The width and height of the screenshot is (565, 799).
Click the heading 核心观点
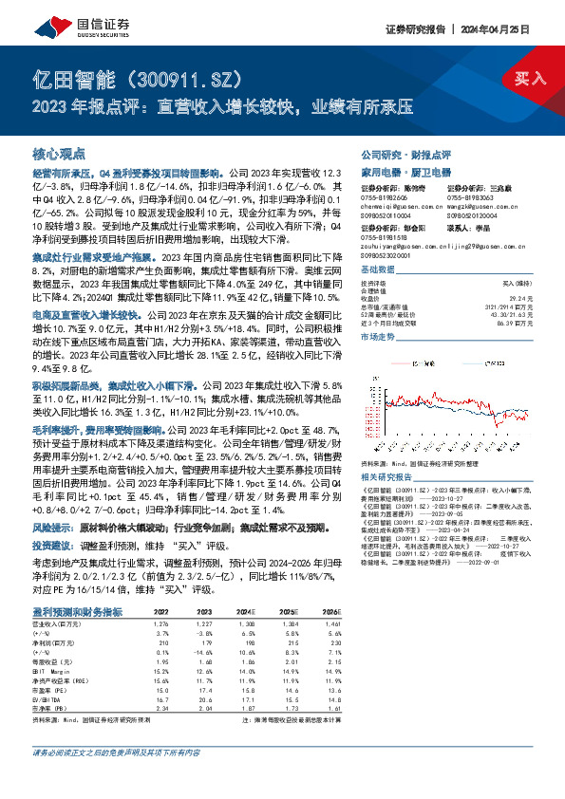pos(59,153)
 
